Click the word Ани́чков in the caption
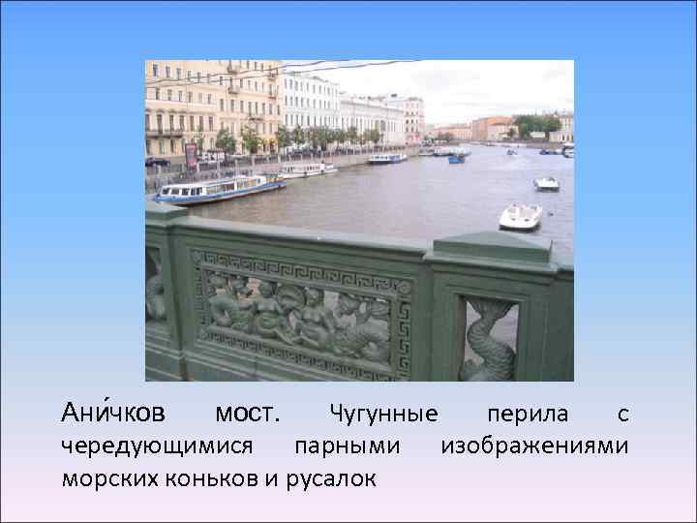pyautogui.click(x=112, y=414)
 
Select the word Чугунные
pyautogui.click(x=383, y=415)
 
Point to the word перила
pyautogui.click(x=528, y=415)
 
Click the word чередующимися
pyautogui.click(x=158, y=446)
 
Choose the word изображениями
pyautogui.click(x=534, y=446)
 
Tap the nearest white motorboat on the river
pyautogui.click(x=520, y=216)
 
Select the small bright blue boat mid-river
pyautogui.click(x=456, y=159)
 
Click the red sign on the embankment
pyautogui.click(x=191, y=152)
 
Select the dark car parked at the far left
pyautogui.click(x=155, y=162)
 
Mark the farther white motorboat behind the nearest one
pyautogui.click(x=546, y=183)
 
